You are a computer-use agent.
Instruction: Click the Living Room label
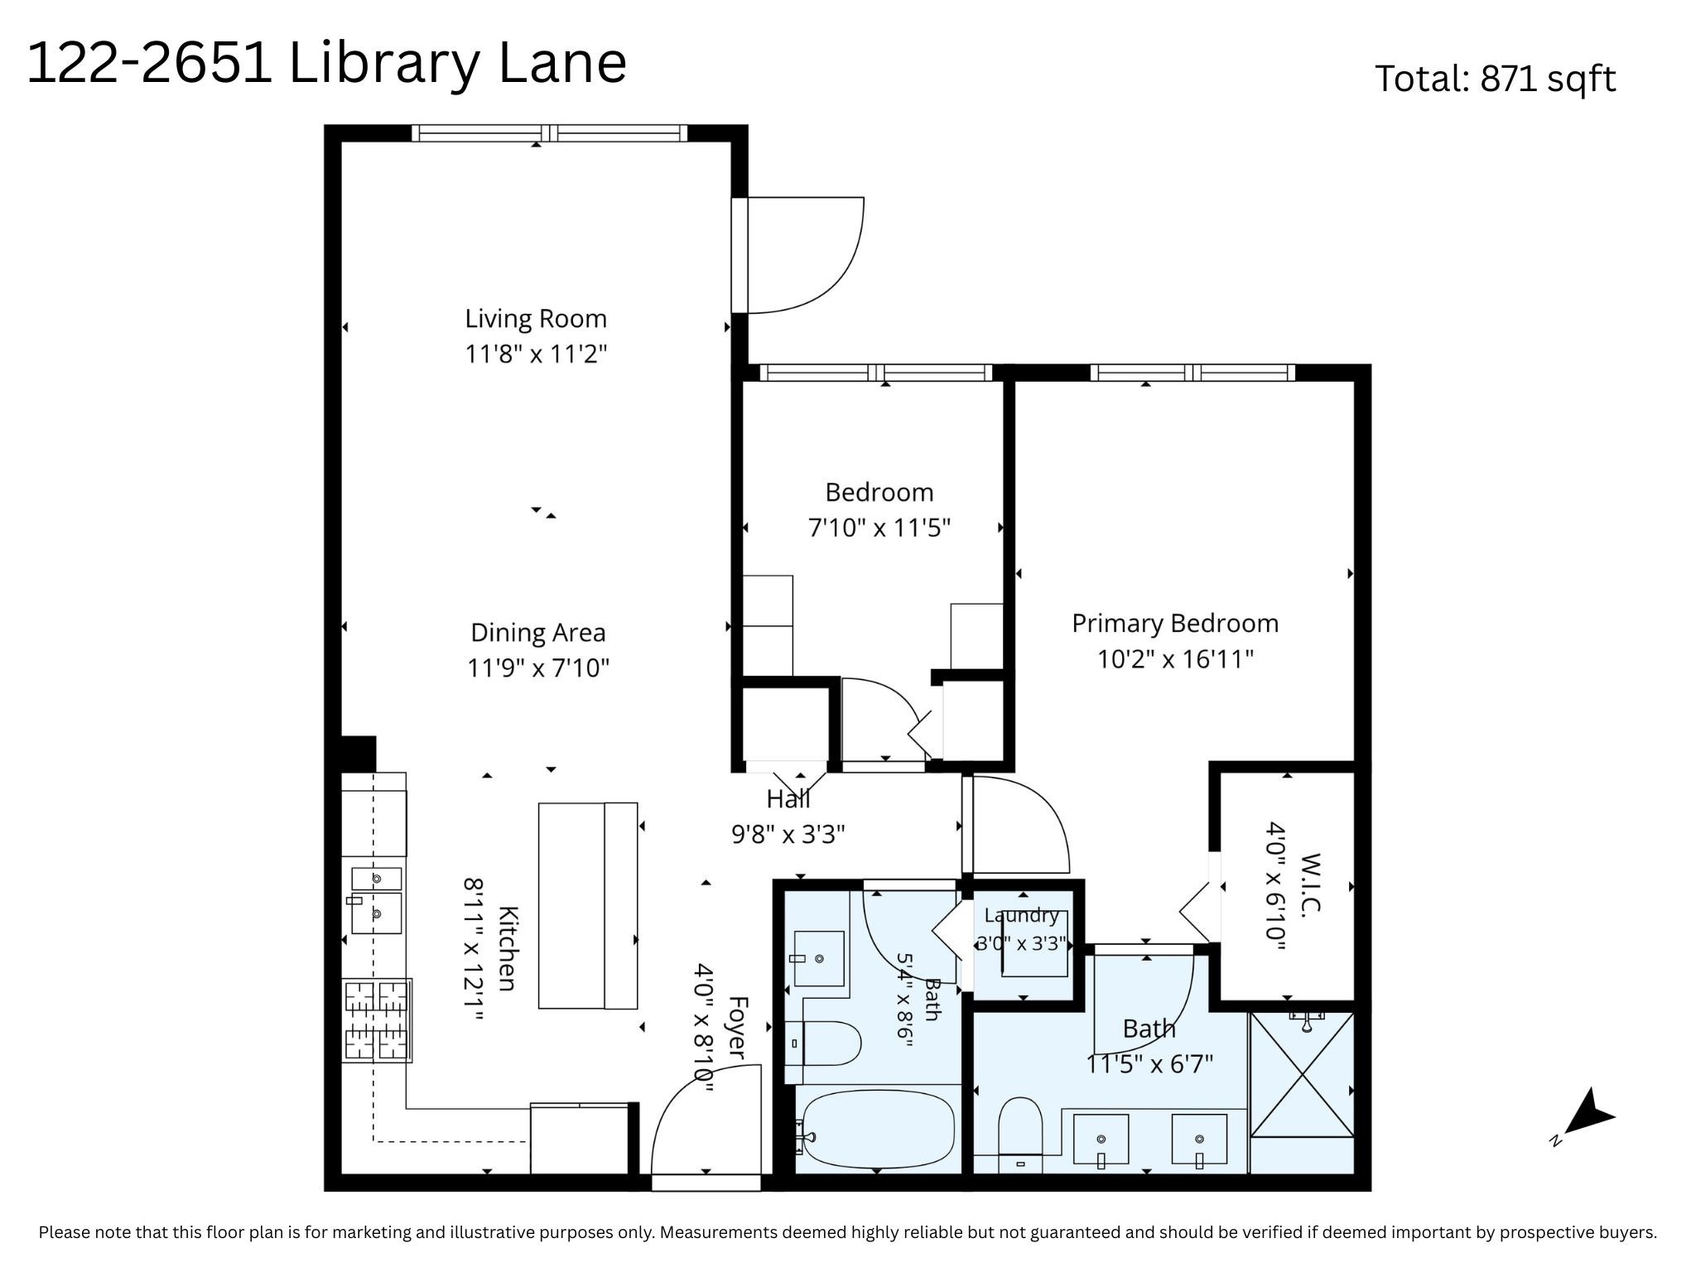click(536, 319)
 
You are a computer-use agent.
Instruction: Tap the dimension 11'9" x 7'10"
click(538, 667)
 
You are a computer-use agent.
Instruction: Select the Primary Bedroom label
click(1175, 624)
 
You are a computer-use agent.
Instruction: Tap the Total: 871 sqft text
click(1495, 79)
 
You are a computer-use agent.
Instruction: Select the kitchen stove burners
click(377, 1020)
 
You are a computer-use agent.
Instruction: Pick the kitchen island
click(588, 905)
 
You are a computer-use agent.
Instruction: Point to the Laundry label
click(1022, 915)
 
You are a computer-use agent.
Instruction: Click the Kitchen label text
click(507, 948)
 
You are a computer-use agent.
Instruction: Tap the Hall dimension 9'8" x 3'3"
click(788, 834)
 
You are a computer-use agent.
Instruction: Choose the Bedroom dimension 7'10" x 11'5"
click(879, 528)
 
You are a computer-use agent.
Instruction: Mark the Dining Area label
click(538, 633)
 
